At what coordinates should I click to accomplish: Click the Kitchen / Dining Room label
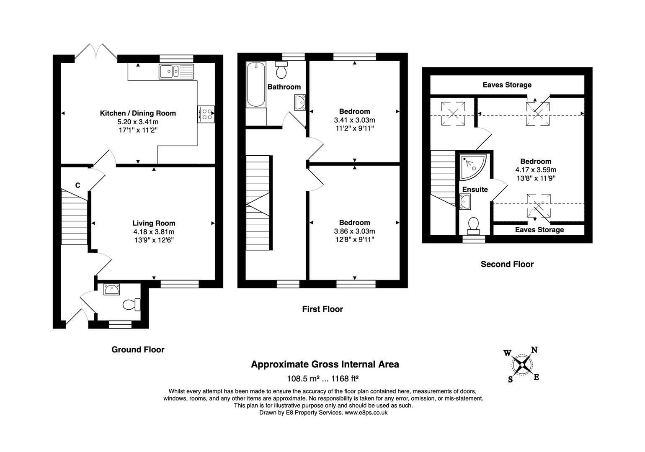coord(138,113)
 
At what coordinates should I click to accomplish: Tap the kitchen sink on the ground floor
coord(176,71)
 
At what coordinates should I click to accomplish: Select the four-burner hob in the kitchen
coord(206,114)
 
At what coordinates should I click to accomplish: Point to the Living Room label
coord(154,223)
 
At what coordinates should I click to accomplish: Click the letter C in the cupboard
coord(78,185)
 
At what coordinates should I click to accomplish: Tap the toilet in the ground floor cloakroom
coord(132,305)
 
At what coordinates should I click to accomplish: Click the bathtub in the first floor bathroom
coord(255,85)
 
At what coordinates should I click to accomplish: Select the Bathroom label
coord(284,87)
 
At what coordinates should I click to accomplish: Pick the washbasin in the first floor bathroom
coord(300,103)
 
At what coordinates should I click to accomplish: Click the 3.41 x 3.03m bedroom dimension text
coord(354,120)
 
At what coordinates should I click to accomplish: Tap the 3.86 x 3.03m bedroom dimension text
coord(354,231)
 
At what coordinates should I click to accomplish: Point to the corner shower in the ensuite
coord(473,167)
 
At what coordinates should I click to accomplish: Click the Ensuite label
coord(475,189)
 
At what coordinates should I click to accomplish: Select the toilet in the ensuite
coord(473,226)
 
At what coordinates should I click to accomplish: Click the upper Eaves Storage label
coord(507,85)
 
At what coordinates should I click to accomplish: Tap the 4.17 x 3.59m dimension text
coord(536,170)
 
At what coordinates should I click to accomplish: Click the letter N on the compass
coord(534,350)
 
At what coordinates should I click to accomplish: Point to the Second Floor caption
coord(507,264)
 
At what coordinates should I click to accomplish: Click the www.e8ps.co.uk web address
coord(366,413)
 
